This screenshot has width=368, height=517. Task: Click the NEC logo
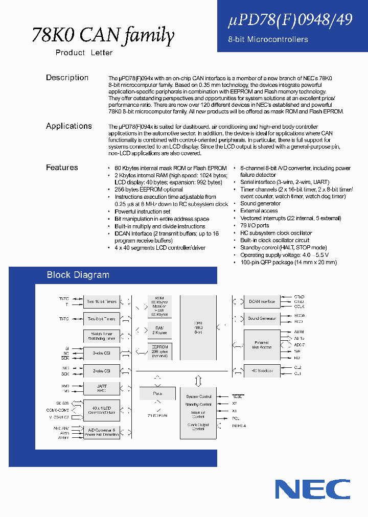[x=313, y=489]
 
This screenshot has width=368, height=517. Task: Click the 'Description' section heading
[x=67, y=78]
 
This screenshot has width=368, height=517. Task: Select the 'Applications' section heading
[x=69, y=126]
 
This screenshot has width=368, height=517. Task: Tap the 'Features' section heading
[x=62, y=168]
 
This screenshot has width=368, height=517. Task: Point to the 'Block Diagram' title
[x=78, y=275]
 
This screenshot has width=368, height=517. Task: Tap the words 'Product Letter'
[x=84, y=53]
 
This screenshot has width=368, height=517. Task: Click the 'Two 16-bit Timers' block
[x=102, y=301]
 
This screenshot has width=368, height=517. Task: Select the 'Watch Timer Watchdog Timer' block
[x=102, y=336]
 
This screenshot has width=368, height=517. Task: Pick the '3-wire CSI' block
[x=102, y=353]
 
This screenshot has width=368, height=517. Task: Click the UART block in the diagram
[x=102, y=388]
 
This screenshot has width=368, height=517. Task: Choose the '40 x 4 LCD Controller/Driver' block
[x=102, y=410]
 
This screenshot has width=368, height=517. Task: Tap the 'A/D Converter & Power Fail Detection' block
[x=102, y=432]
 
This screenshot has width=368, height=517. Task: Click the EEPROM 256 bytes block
[x=159, y=351]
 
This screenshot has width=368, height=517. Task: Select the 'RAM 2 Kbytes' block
[x=159, y=330]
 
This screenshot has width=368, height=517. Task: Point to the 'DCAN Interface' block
[x=262, y=301]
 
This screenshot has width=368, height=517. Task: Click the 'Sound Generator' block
[x=262, y=318]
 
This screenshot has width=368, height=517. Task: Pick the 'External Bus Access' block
[x=262, y=345]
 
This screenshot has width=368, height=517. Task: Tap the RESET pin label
[x=238, y=396]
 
